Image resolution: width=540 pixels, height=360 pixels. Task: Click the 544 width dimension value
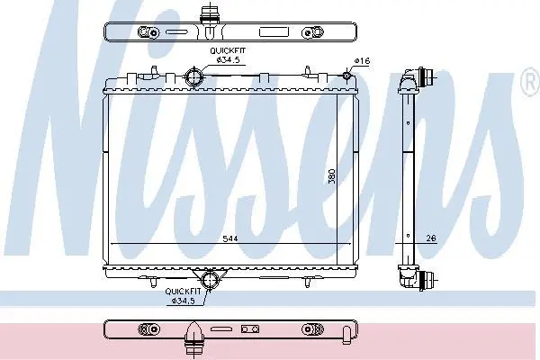click(230, 238)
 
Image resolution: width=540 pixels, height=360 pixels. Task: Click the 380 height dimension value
click(331, 175)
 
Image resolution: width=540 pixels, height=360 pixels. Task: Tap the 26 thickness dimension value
click(431, 238)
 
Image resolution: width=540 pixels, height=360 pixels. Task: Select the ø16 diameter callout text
click(362, 61)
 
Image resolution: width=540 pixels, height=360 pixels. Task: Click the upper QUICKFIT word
click(228, 50)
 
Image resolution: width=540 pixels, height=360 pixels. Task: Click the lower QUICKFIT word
click(183, 292)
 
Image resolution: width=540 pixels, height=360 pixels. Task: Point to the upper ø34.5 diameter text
click(228, 59)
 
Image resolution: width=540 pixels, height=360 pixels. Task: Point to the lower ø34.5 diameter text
click(183, 301)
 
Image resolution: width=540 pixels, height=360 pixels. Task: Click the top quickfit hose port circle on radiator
click(193, 76)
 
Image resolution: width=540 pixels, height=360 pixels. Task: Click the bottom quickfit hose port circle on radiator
click(210, 279)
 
